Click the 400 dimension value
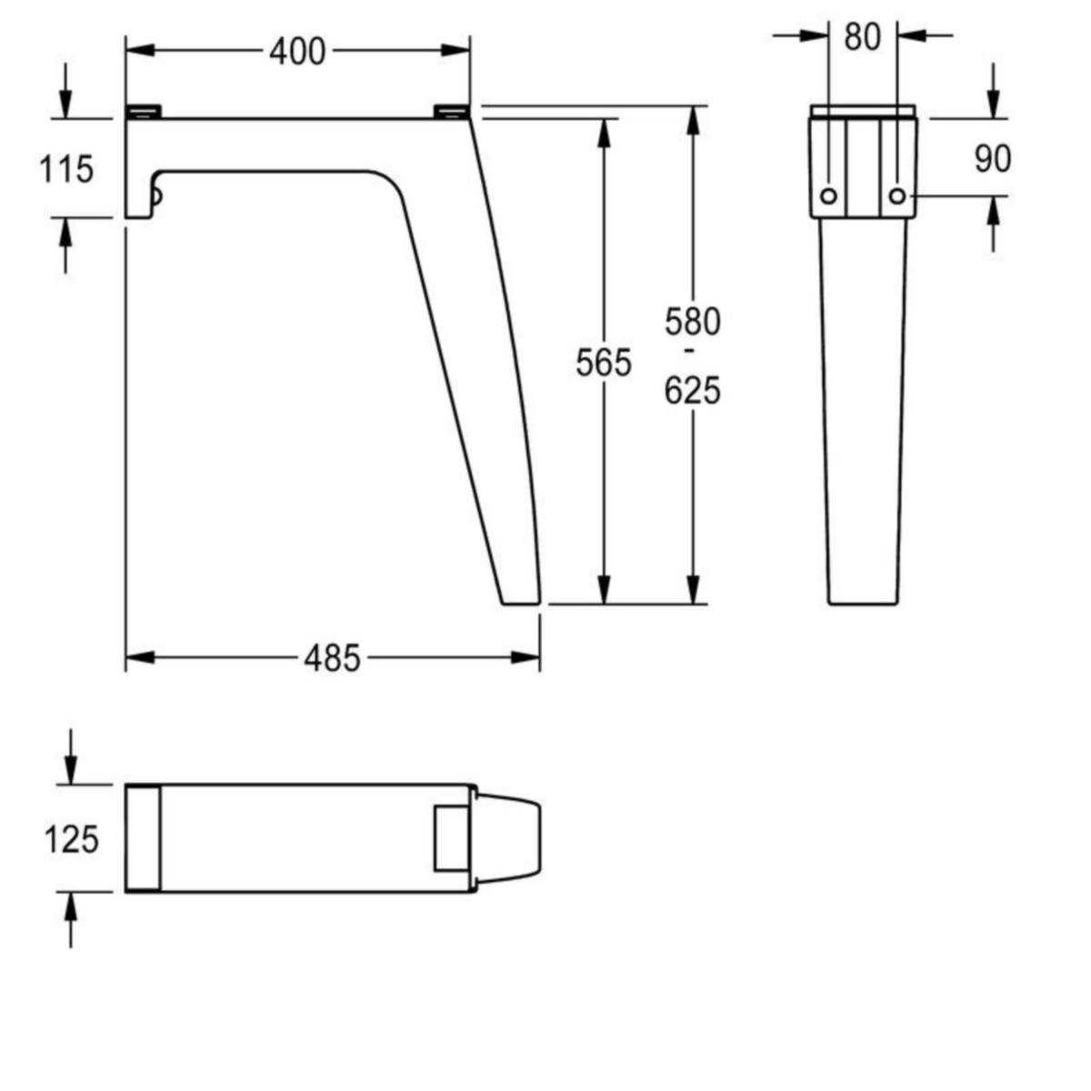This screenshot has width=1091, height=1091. pos(297,52)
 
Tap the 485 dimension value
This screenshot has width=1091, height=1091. pos(332,658)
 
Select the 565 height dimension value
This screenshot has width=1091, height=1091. pos(604,363)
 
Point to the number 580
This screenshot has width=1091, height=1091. pos(693,322)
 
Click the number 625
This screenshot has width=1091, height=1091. pos(693,391)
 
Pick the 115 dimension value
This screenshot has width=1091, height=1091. pos(65,169)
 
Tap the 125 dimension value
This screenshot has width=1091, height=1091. pos(71,839)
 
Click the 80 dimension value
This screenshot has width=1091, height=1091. pos(862,37)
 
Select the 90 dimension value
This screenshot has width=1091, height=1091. pos(993,158)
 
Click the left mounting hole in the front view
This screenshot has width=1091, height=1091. pos(828,196)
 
